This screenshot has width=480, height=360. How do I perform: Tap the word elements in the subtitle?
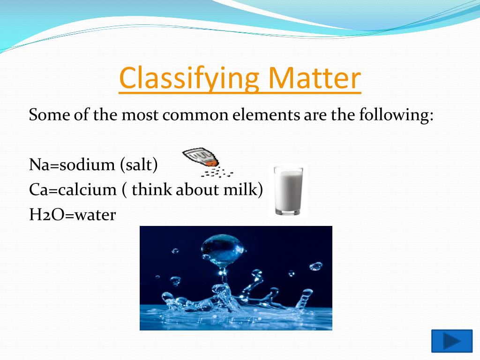(265, 115)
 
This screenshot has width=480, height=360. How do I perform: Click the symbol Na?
(39, 165)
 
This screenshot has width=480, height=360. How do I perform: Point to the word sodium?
(87, 164)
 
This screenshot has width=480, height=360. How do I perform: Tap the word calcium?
(87, 189)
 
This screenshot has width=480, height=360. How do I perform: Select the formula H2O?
(47, 215)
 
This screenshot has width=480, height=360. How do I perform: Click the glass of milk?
(288, 190)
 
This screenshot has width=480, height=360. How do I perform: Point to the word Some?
(49, 115)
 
